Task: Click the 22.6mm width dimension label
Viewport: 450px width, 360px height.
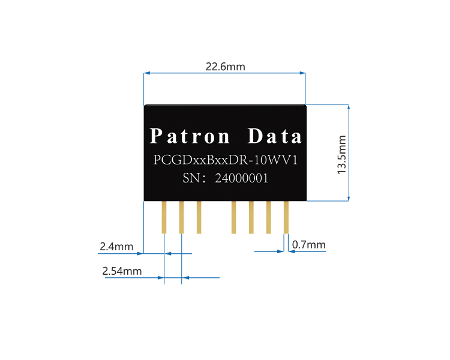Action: tap(225, 67)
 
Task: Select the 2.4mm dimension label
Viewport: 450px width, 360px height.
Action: tap(116, 247)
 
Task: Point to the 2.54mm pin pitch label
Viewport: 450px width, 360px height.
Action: tap(122, 271)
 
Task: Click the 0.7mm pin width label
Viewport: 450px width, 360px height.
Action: tap(308, 245)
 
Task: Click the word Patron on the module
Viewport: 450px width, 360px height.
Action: tap(190, 137)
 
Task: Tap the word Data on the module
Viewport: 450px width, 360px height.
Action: tap(275, 137)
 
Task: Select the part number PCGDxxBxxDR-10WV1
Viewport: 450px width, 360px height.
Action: tap(226, 161)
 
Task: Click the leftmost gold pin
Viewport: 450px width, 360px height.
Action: tap(164, 217)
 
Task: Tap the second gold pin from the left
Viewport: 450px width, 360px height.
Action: tap(181, 217)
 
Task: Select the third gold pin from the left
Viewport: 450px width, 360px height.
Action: tap(199, 217)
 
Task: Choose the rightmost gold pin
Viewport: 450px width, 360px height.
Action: tap(286, 217)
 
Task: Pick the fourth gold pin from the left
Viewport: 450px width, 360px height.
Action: tap(234, 217)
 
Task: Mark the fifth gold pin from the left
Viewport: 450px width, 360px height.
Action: tap(251, 217)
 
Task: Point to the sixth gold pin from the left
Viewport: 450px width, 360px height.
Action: tap(269, 217)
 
